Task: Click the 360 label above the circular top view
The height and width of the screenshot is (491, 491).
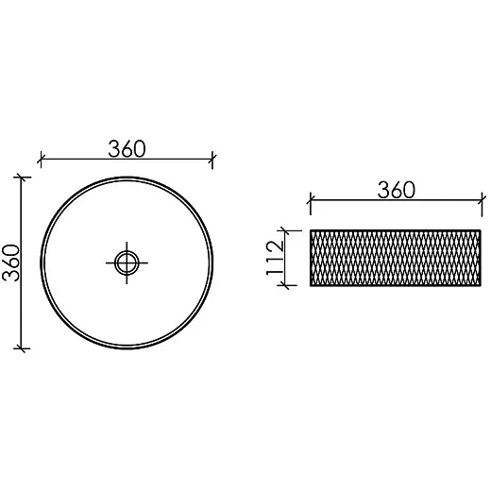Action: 127,149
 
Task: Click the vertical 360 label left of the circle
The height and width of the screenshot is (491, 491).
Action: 11,262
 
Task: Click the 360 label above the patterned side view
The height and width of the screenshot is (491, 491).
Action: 397,190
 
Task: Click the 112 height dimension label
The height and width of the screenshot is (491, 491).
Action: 275,258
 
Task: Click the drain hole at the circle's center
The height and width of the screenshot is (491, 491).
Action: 127,262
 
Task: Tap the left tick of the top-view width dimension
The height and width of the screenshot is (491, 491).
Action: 41,160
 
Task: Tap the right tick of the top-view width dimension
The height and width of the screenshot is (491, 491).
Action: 212,160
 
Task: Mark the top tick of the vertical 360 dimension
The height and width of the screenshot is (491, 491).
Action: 22,178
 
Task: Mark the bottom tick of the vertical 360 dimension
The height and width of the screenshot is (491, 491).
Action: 22,348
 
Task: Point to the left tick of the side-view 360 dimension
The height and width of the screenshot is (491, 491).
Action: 311,200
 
